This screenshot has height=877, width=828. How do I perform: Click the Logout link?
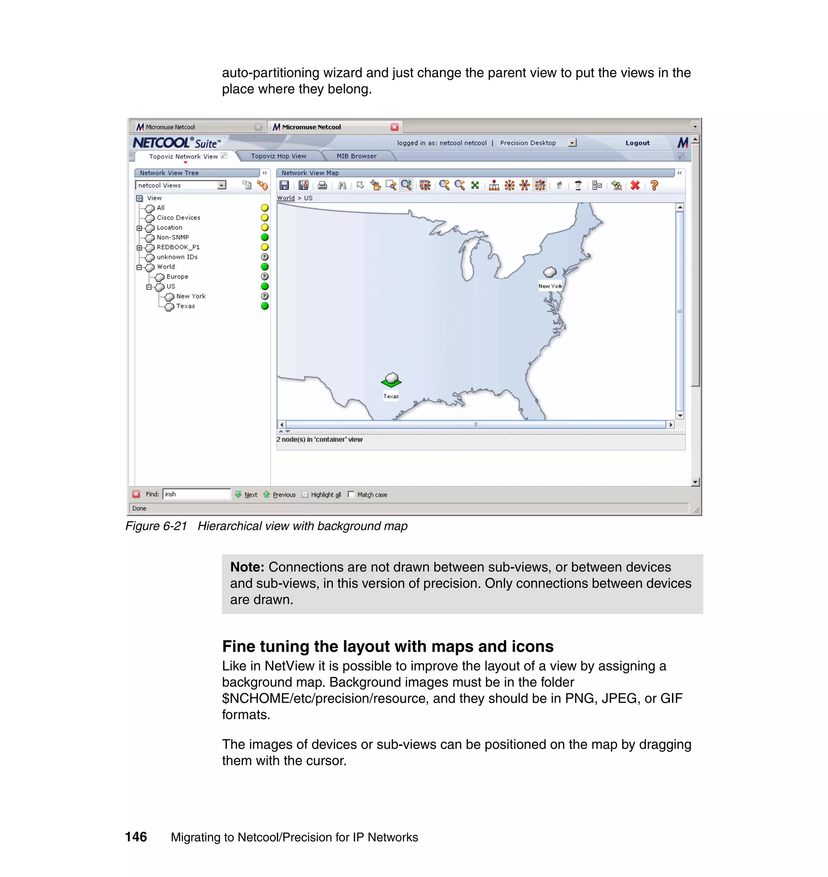tap(637, 143)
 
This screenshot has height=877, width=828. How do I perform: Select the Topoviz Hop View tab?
tap(278, 156)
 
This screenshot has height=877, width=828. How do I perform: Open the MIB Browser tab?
tap(356, 156)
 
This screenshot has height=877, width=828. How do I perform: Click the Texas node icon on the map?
tap(391, 380)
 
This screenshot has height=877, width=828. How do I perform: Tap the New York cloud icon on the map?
tap(549, 272)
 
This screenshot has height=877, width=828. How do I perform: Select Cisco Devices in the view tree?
tap(178, 218)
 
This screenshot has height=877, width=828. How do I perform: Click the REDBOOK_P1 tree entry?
tap(178, 247)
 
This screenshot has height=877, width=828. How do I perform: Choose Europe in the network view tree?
tap(177, 277)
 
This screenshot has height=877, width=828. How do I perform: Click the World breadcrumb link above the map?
tap(285, 198)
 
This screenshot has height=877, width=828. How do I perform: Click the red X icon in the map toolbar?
tap(635, 185)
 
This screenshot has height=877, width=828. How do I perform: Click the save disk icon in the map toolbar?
tap(284, 185)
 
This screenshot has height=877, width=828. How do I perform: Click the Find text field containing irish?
tap(196, 494)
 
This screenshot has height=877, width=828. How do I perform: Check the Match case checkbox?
tap(351, 495)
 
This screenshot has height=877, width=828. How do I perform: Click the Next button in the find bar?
tap(250, 495)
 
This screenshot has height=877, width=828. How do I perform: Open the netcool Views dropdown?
tap(222, 185)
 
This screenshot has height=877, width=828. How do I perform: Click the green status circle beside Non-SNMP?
tap(265, 237)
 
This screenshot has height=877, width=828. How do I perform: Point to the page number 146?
tap(136, 837)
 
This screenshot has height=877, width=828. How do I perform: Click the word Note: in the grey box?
tap(247, 567)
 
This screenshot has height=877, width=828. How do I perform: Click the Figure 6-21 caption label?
tap(156, 526)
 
